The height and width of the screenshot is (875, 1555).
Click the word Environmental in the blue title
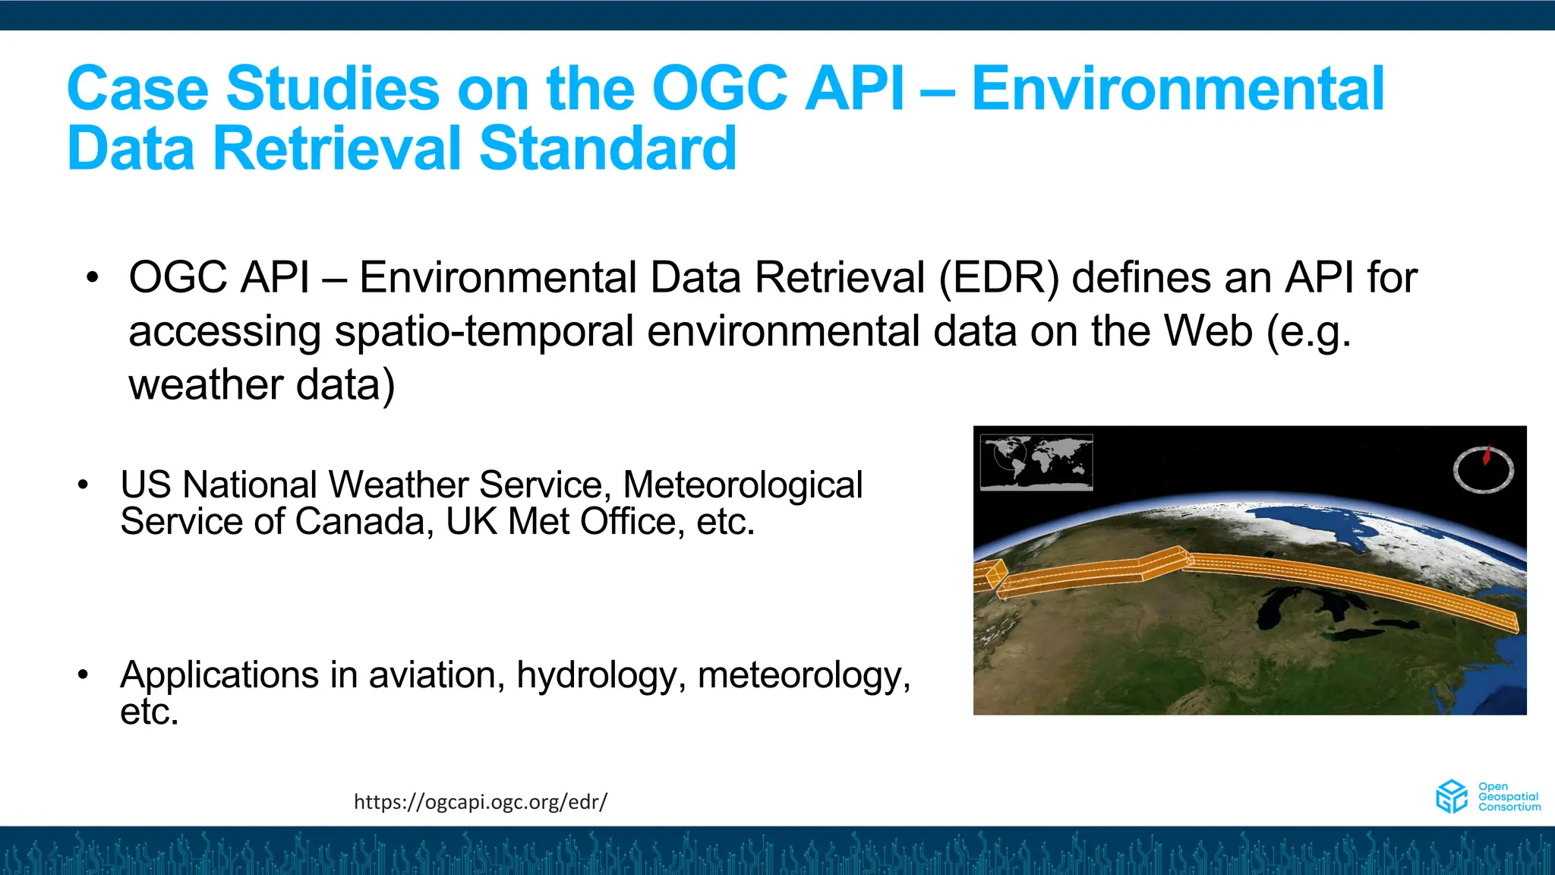coord(1178,89)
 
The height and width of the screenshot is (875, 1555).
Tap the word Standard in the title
coord(607,148)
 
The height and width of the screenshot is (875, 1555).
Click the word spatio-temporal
coord(484,331)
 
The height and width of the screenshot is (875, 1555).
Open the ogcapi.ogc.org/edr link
coord(481,801)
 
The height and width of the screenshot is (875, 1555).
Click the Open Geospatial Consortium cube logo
coord(1452,797)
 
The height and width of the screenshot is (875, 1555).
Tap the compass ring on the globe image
coord(1484,470)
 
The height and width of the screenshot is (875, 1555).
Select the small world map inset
coord(1036,462)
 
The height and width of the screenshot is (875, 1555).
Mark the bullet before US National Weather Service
coord(84,485)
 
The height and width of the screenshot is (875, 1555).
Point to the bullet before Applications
coord(84,674)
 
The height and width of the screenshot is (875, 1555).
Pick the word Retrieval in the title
coord(338,148)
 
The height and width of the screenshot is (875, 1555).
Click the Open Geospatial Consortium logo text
coord(1509,797)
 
